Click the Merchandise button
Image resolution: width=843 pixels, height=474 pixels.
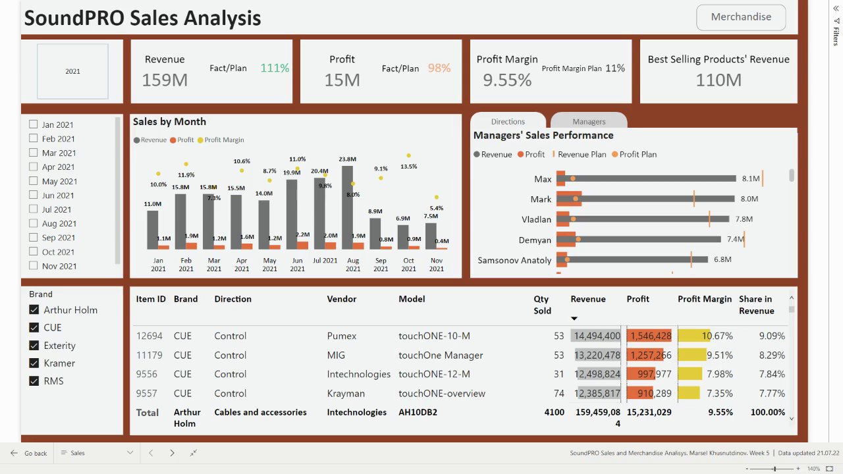click(x=741, y=17)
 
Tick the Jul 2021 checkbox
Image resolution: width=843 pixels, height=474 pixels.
click(x=34, y=209)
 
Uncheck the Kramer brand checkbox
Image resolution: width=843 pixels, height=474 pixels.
click(x=34, y=363)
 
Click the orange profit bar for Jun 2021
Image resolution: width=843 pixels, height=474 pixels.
click(x=303, y=245)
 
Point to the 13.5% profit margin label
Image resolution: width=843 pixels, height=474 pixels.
click(x=408, y=167)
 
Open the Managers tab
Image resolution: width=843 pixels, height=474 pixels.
click(x=588, y=121)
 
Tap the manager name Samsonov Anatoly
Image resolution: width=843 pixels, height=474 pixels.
click(x=514, y=260)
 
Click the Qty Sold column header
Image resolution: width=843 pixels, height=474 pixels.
click(x=541, y=305)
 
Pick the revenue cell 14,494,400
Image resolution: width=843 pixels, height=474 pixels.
click(x=596, y=336)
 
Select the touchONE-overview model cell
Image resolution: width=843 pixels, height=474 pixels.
click(x=442, y=394)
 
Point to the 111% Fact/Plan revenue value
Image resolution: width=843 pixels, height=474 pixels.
click(x=275, y=68)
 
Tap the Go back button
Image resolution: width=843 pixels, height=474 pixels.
click(x=29, y=453)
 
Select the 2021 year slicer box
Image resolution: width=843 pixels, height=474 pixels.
click(x=72, y=71)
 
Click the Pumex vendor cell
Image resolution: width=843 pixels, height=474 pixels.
click(x=342, y=336)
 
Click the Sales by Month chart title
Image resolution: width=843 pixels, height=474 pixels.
click(x=169, y=122)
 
